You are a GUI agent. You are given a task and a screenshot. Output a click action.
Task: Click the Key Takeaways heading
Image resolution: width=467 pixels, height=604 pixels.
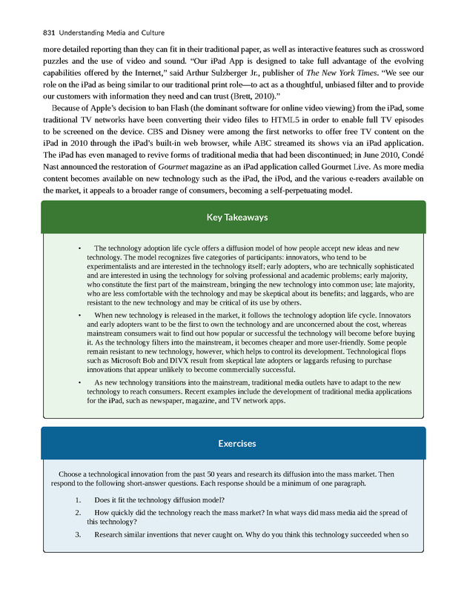coord(233,217)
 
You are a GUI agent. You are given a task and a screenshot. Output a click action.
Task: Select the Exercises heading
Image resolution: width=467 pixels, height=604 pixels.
coord(233,443)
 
